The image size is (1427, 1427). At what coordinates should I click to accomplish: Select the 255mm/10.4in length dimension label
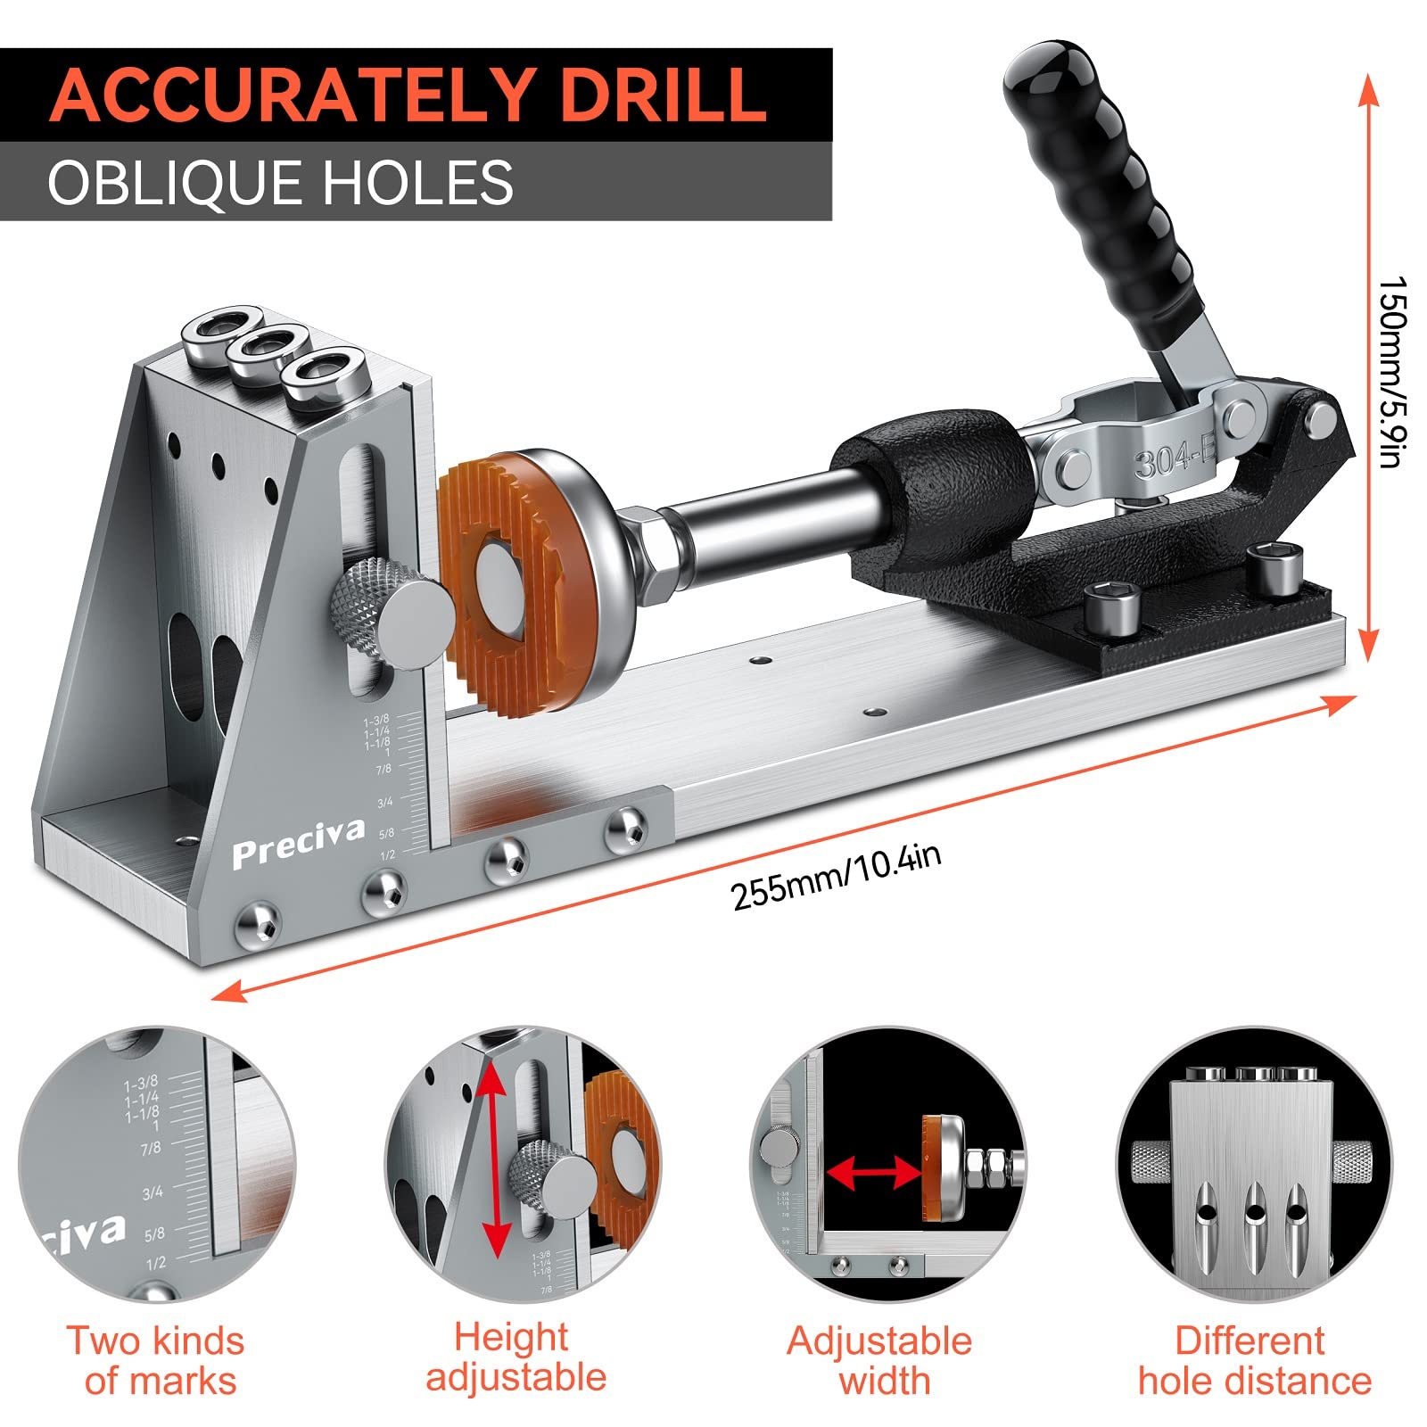(x=836, y=878)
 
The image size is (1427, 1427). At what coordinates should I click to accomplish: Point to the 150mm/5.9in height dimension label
(x=1392, y=371)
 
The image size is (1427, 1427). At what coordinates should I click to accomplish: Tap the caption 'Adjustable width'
(x=879, y=1361)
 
